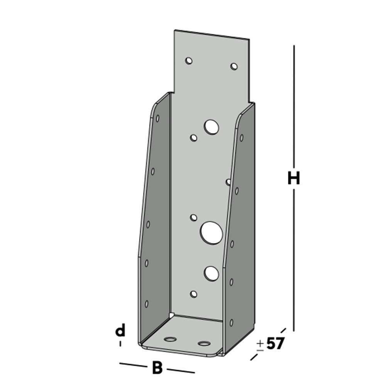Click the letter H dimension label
(294, 179)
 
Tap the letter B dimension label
(157, 368)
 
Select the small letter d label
(121, 331)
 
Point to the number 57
(275, 343)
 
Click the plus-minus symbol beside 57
(260, 345)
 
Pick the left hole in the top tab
(189, 61)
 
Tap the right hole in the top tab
(234, 66)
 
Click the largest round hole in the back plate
(212, 232)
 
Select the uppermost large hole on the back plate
(212, 127)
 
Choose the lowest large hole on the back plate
(211, 273)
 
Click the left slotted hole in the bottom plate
(170, 339)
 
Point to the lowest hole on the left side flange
(147, 304)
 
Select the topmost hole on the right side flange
(241, 137)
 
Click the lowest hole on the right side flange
(231, 322)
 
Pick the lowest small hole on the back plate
(194, 295)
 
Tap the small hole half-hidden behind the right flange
(228, 181)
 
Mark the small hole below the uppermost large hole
(194, 138)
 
